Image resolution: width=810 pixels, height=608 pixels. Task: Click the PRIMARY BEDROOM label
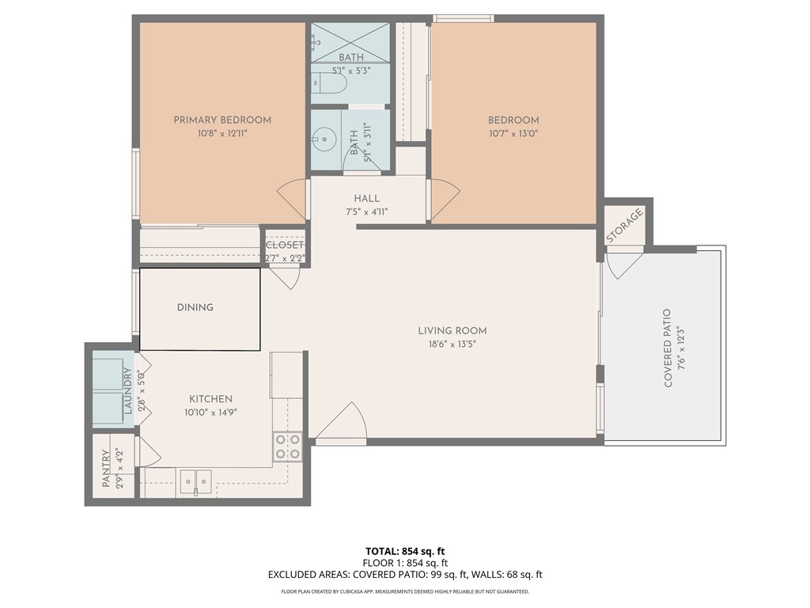coord(222,120)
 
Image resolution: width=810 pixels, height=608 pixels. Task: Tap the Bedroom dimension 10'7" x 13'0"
coord(513,134)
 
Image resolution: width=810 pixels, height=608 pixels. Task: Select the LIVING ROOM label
coord(452,331)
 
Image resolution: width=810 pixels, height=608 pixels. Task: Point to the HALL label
coord(366,199)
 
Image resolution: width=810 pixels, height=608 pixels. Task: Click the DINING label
coord(195,307)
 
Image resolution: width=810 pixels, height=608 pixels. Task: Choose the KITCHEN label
coord(210,399)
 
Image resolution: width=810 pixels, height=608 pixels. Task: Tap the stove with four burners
coord(287,446)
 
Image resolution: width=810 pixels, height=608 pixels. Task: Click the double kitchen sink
coord(195,480)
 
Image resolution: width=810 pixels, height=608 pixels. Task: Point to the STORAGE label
coord(625,226)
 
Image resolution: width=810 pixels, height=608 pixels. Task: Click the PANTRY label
coord(106,469)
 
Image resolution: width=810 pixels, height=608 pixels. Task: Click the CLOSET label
coord(284,245)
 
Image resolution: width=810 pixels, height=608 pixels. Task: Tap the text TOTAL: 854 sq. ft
coord(404,551)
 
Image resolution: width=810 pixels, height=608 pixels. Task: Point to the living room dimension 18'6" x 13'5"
coord(452,344)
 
